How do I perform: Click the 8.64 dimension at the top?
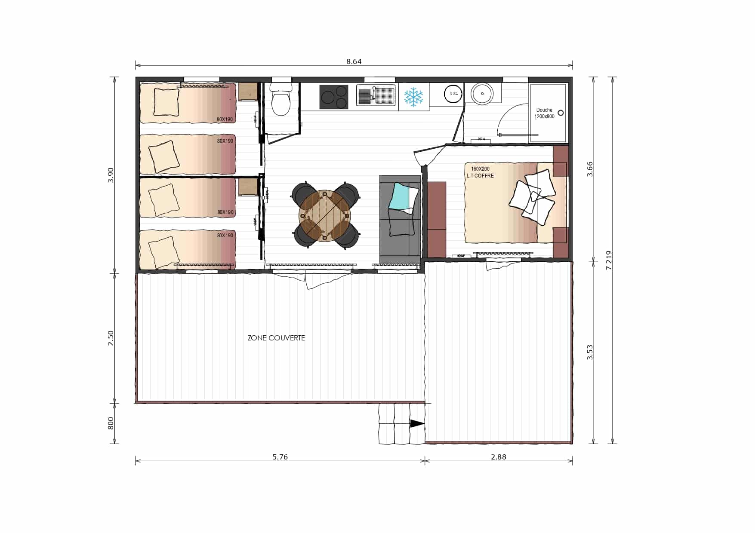tap(354, 61)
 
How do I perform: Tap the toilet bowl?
tap(281, 102)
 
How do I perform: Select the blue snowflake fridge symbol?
tap(414, 97)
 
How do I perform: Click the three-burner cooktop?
tap(333, 97)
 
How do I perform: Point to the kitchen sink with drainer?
tap(376, 95)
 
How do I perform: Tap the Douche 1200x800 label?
tap(544, 113)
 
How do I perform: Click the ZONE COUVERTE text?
tap(276, 338)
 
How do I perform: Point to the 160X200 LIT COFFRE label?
tap(480, 172)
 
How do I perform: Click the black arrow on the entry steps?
tap(416, 423)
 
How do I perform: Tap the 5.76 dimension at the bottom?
tap(280, 457)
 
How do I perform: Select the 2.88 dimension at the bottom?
tap(498, 457)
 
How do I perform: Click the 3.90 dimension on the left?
tap(111, 175)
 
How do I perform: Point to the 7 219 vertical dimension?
tap(608, 260)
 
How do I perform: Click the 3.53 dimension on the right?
tap(590, 352)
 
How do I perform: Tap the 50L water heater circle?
tap(453, 94)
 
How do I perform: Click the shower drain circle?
tap(560, 113)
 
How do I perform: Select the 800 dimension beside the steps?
tap(111, 423)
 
